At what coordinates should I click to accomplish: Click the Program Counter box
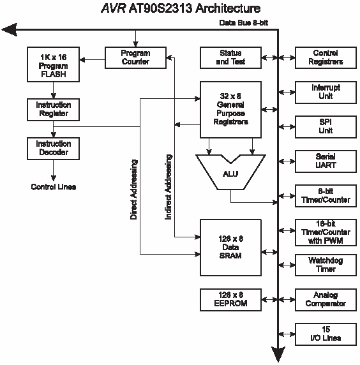pos(135,57)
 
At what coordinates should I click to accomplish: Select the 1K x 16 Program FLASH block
pos(54,64)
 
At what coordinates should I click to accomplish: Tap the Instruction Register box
pos(54,110)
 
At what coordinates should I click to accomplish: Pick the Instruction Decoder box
pos(54,149)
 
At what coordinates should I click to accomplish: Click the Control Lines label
pos(54,187)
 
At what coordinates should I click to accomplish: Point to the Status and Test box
pos(230,57)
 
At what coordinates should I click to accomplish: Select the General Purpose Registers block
pos(230,110)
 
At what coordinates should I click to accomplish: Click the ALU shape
pos(230,172)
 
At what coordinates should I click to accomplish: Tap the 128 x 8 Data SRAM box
pos(230,248)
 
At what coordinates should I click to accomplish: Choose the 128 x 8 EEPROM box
pos(230,300)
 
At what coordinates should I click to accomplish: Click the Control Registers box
pos(326,57)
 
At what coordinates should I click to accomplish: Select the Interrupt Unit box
pos(326,93)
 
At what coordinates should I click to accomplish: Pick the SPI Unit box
pos(326,127)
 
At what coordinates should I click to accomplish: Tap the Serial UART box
pos(326,161)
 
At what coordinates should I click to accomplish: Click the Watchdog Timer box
pos(326,265)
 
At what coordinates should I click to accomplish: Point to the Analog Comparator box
pos(326,300)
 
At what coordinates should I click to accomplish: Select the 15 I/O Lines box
pos(326,334)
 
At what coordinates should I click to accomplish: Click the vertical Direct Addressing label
pos(133,190)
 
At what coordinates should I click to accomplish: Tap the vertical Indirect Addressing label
pos(169,187)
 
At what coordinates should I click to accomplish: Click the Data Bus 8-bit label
pos(244,23)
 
